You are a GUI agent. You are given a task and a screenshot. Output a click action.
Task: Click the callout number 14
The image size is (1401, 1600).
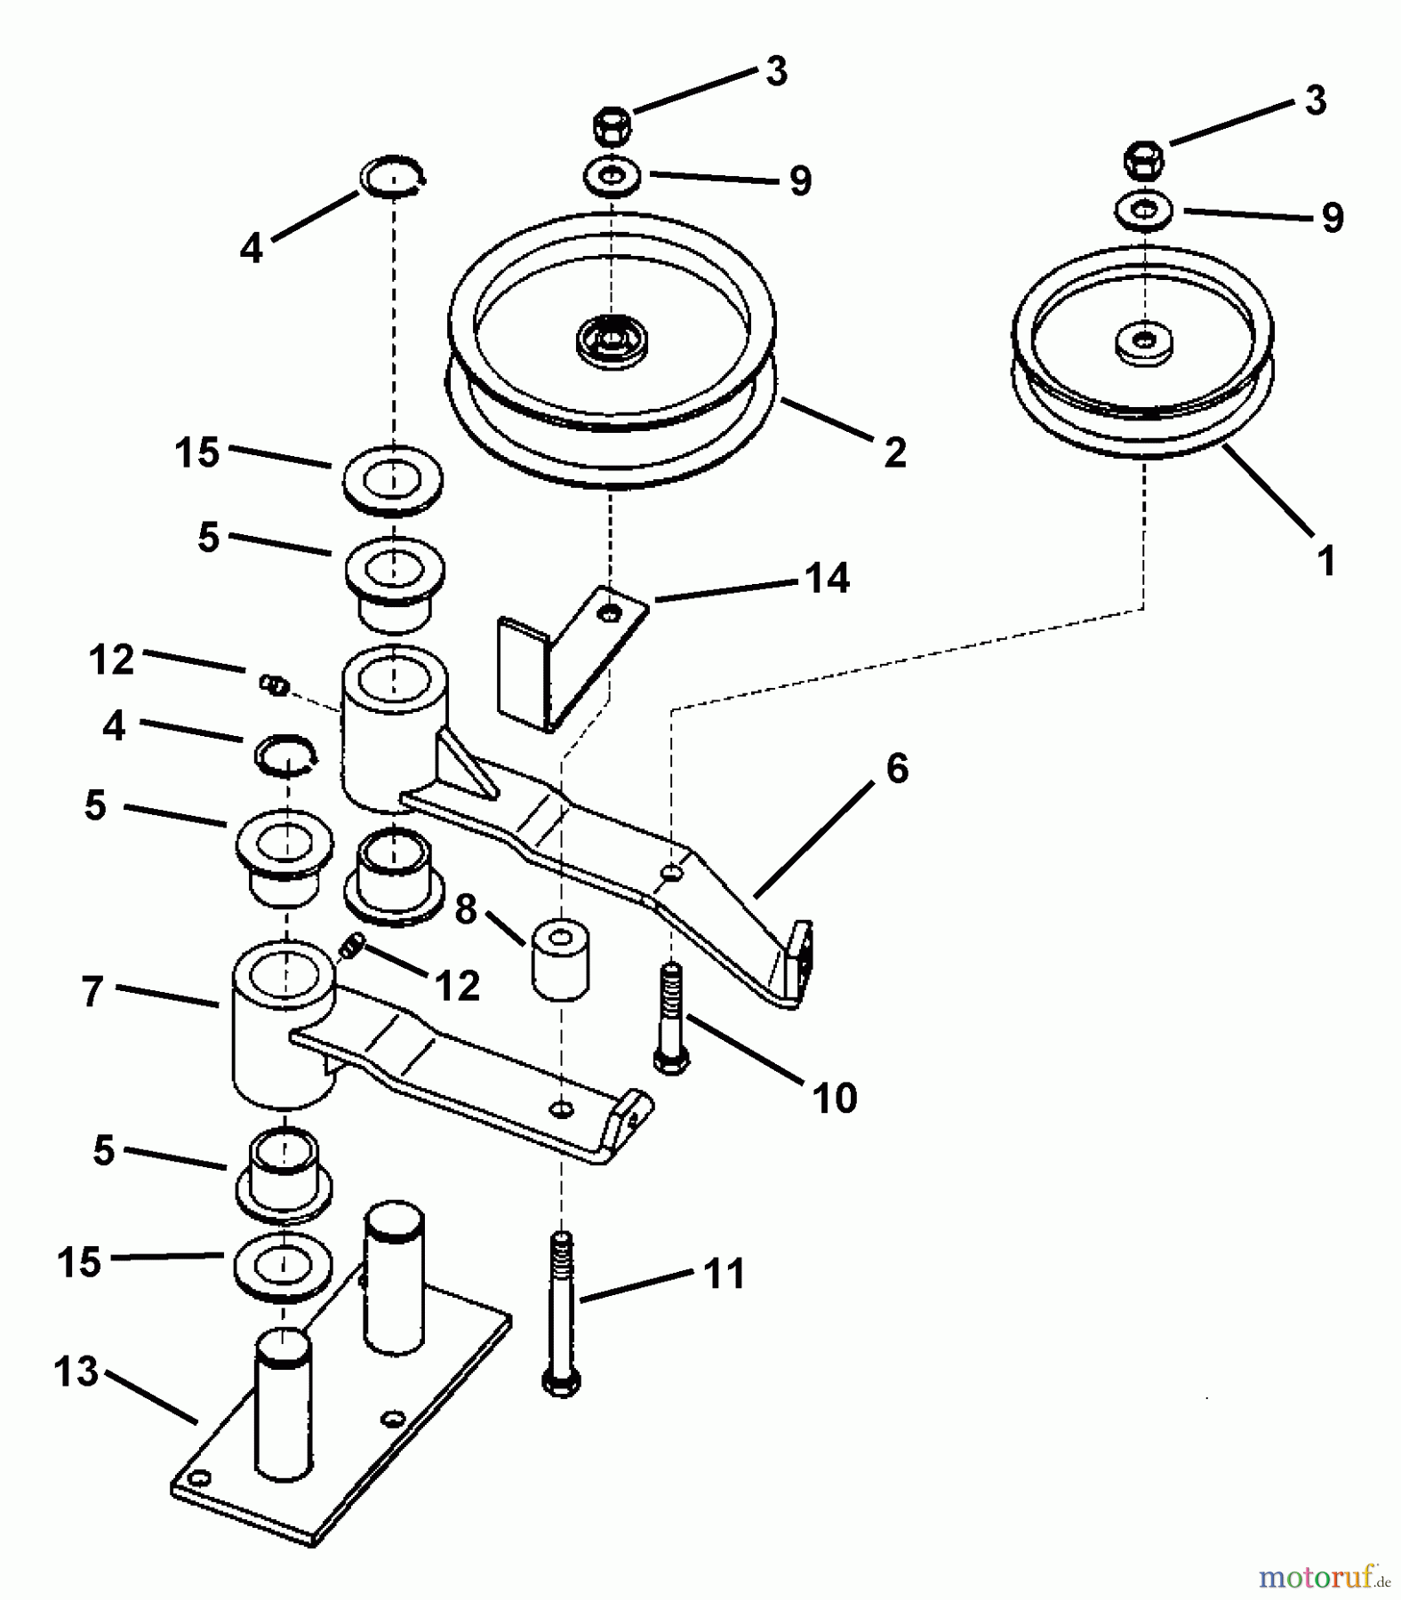828,578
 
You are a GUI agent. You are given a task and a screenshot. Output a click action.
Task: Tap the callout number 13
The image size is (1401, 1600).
76,1372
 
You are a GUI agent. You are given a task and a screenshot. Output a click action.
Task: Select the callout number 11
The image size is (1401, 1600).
725,1274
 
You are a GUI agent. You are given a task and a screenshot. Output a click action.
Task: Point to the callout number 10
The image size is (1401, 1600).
835,1098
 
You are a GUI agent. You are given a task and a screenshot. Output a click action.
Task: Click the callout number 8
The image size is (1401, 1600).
466,909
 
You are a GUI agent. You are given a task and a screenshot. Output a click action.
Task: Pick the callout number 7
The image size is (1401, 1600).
92,991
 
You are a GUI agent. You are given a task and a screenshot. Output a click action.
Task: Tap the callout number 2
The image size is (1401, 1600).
894,452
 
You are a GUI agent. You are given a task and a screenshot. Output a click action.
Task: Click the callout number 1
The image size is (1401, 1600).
1325,561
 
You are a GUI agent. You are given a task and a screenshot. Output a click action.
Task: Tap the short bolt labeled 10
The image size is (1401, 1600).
672,1019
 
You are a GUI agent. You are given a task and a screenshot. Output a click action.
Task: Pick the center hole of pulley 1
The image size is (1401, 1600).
1144,340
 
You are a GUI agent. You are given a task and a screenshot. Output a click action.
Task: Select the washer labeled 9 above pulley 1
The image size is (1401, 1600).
1144,212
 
